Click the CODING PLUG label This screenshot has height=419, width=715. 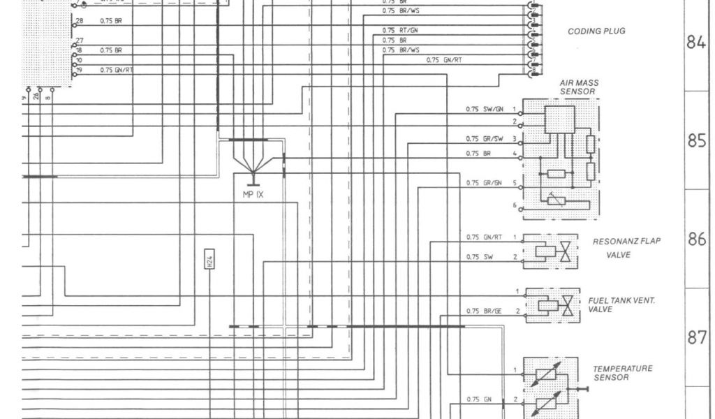pyautogui.click(x=596, y=31)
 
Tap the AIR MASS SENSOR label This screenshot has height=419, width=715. pyautogui.click(x=579, y=87)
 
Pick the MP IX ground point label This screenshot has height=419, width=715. pyautogui.click(x=253, y=194)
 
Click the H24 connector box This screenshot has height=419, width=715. pyautogui.click(x=209, y=260)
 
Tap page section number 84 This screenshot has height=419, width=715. pyautogui.click(x=697, y=43)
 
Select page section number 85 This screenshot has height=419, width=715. pyautogui.click(x=697, y=141)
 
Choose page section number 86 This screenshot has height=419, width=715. pyautogui.click(x=697, y=239)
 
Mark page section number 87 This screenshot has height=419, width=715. pyautogui.click(x=697, y=338)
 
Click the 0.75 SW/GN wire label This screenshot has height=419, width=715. pyautogui.click(x=483, y=110)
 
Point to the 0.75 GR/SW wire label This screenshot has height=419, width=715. pyautogui.click(x=483, y=138)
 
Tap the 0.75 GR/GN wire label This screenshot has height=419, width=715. pyautogui.click(x=483, y=183)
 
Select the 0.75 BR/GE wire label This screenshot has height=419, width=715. pyautogui.click(x=483, y=311)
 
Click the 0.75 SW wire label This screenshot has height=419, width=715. pyautogui.click(x=479, y=257)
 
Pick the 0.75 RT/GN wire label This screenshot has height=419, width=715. pyautogui.click(x=400, y=30)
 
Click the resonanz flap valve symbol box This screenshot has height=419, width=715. pyautogui.click(x=551, y=251)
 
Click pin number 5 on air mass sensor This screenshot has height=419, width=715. pyautogui.click(x=515, y=183)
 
